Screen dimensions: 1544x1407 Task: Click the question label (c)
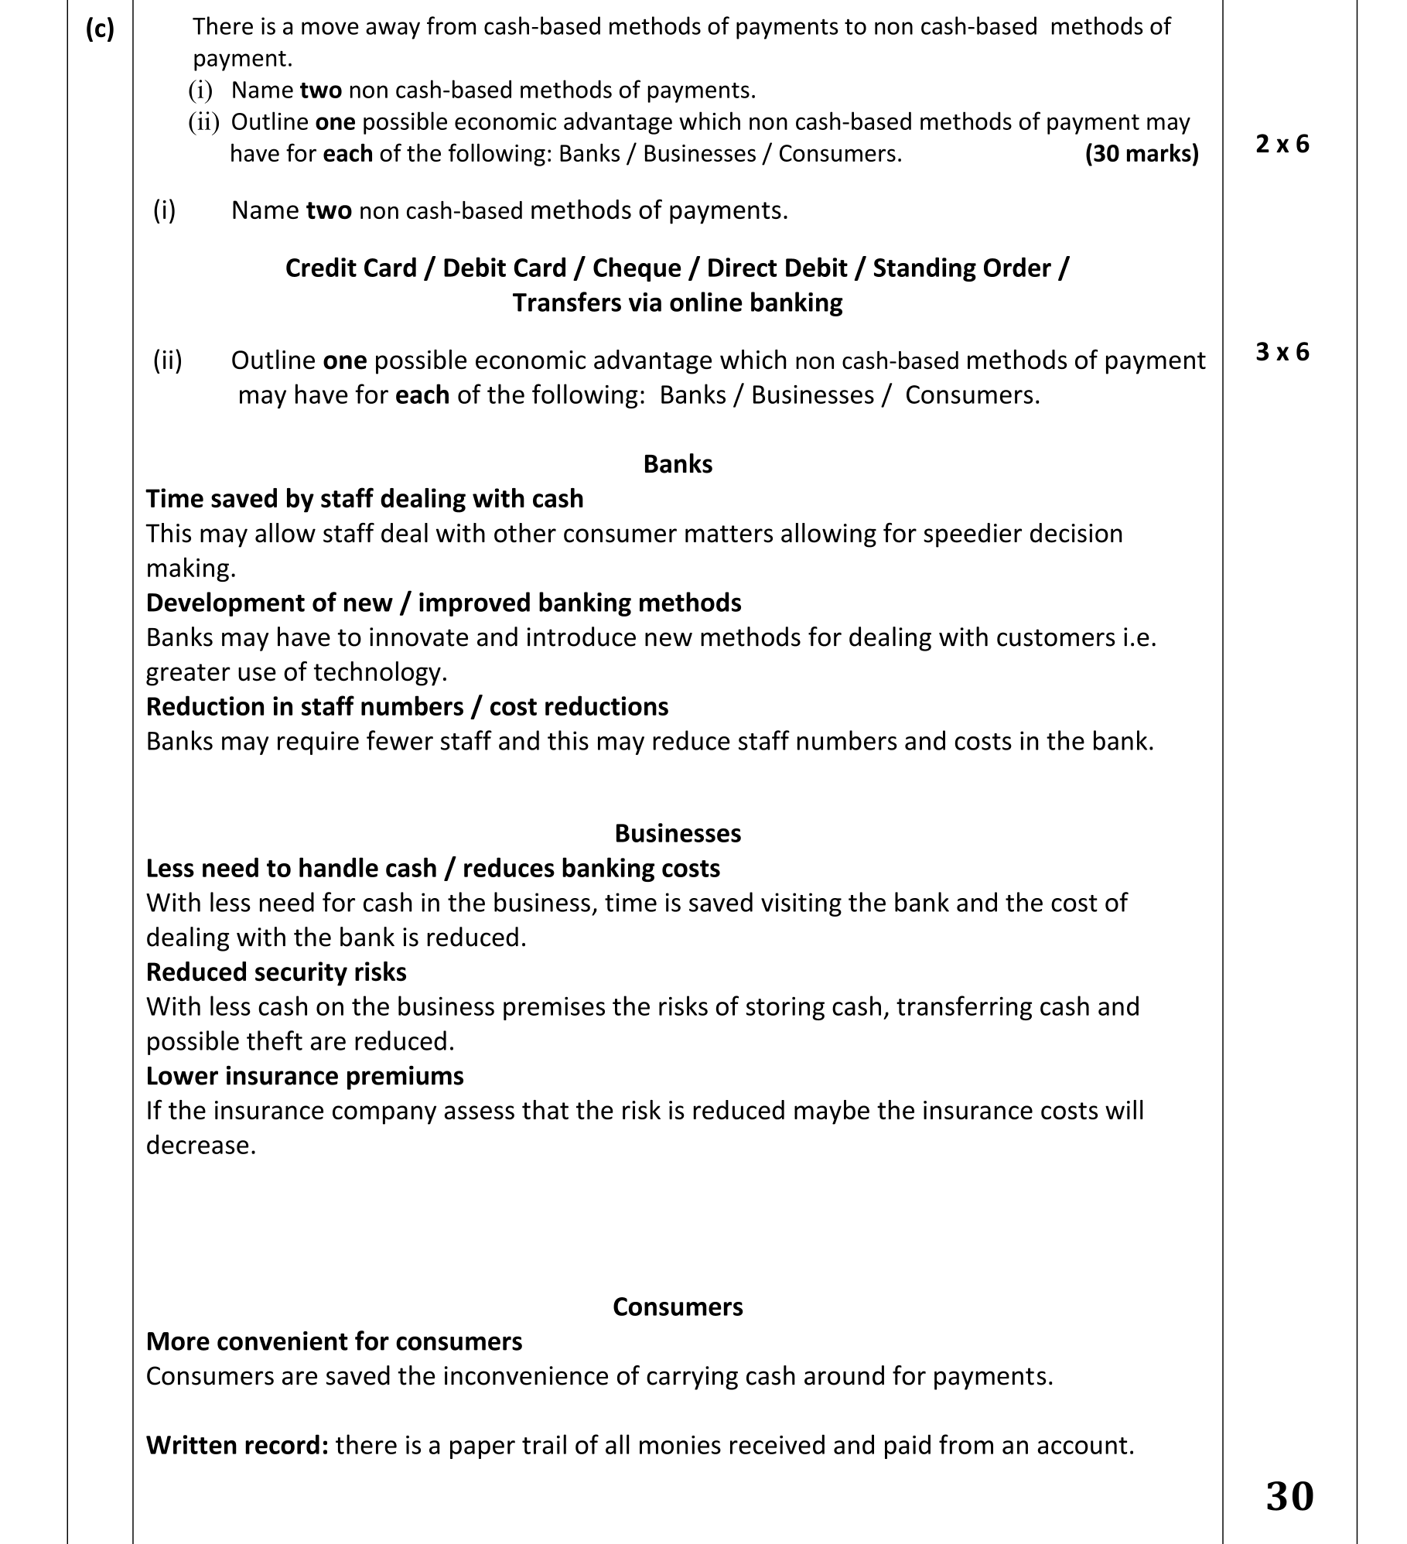[x=100, y=29]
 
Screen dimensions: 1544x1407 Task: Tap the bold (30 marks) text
[x=1142, y=154]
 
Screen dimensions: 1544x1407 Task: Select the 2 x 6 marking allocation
[x=1282, y=144]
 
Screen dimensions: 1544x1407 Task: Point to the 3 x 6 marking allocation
[x=1282, y=352]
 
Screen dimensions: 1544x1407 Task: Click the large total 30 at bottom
[x=1289, y=1496]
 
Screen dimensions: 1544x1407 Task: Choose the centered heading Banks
[x=678, y=464]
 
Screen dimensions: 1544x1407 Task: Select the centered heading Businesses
[x=678, y=833]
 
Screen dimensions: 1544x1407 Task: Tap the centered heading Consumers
[x=678, y=1307]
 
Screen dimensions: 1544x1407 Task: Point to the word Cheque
[x=637, y=268]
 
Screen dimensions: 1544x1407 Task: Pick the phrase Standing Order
[x=962, y=268]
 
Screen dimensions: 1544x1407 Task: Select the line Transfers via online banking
[x=678, y=302]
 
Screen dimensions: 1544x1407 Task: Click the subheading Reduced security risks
[x=276, y=972]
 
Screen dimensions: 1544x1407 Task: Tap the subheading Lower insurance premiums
[x=305, y=1076]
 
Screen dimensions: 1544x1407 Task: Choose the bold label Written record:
[x=237, y=1445]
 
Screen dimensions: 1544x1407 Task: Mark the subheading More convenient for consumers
[x=334, y=1341]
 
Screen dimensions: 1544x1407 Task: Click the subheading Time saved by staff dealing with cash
[x=364, y=499]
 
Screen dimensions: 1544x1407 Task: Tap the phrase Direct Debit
[x=777, y=268]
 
